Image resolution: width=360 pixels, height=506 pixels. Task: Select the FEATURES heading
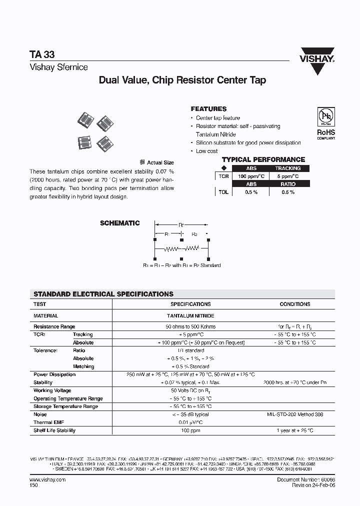coord(208,108)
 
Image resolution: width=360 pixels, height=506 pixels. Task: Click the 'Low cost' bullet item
coord(206,151)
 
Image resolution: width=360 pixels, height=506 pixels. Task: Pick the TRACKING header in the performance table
coord(288,168)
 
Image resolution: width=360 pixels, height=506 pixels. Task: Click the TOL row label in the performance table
coord(223,192)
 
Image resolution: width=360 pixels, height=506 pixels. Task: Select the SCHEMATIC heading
coord(120,223)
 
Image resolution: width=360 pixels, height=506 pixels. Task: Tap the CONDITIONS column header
coord(295,304)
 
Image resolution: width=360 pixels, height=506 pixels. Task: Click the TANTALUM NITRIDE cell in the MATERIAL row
coord(190,316)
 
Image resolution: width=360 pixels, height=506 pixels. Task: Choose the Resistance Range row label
coord(54,326)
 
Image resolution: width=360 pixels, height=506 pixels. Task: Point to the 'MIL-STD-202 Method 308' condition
coord(295,414)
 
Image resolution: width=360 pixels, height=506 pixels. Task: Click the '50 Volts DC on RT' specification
coord(190,390)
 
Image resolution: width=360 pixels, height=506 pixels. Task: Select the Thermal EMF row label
coord(49,422)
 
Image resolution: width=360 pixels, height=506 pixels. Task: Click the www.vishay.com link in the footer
coord(44,479)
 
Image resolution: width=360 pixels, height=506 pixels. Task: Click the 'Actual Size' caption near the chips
coord(160,162)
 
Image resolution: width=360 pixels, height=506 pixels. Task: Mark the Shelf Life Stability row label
coord(54,430)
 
